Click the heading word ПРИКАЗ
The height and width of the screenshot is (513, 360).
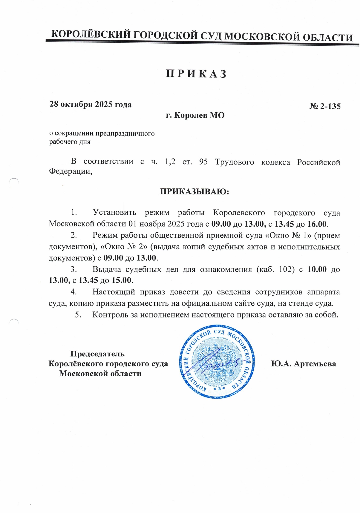196,74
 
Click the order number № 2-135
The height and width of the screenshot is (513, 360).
325,106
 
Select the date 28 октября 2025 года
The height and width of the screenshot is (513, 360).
91,104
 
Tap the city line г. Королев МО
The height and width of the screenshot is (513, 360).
195,115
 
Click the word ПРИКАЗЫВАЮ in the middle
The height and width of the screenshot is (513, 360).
194,191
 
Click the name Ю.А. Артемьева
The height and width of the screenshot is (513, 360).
303,364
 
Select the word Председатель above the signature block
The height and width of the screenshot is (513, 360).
97,354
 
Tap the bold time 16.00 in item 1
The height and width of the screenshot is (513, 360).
317,224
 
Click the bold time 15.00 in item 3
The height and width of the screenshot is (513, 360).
121,280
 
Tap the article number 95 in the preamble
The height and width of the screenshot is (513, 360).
203,162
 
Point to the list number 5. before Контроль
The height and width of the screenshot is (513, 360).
78,315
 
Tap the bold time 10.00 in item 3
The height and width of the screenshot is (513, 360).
317,269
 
